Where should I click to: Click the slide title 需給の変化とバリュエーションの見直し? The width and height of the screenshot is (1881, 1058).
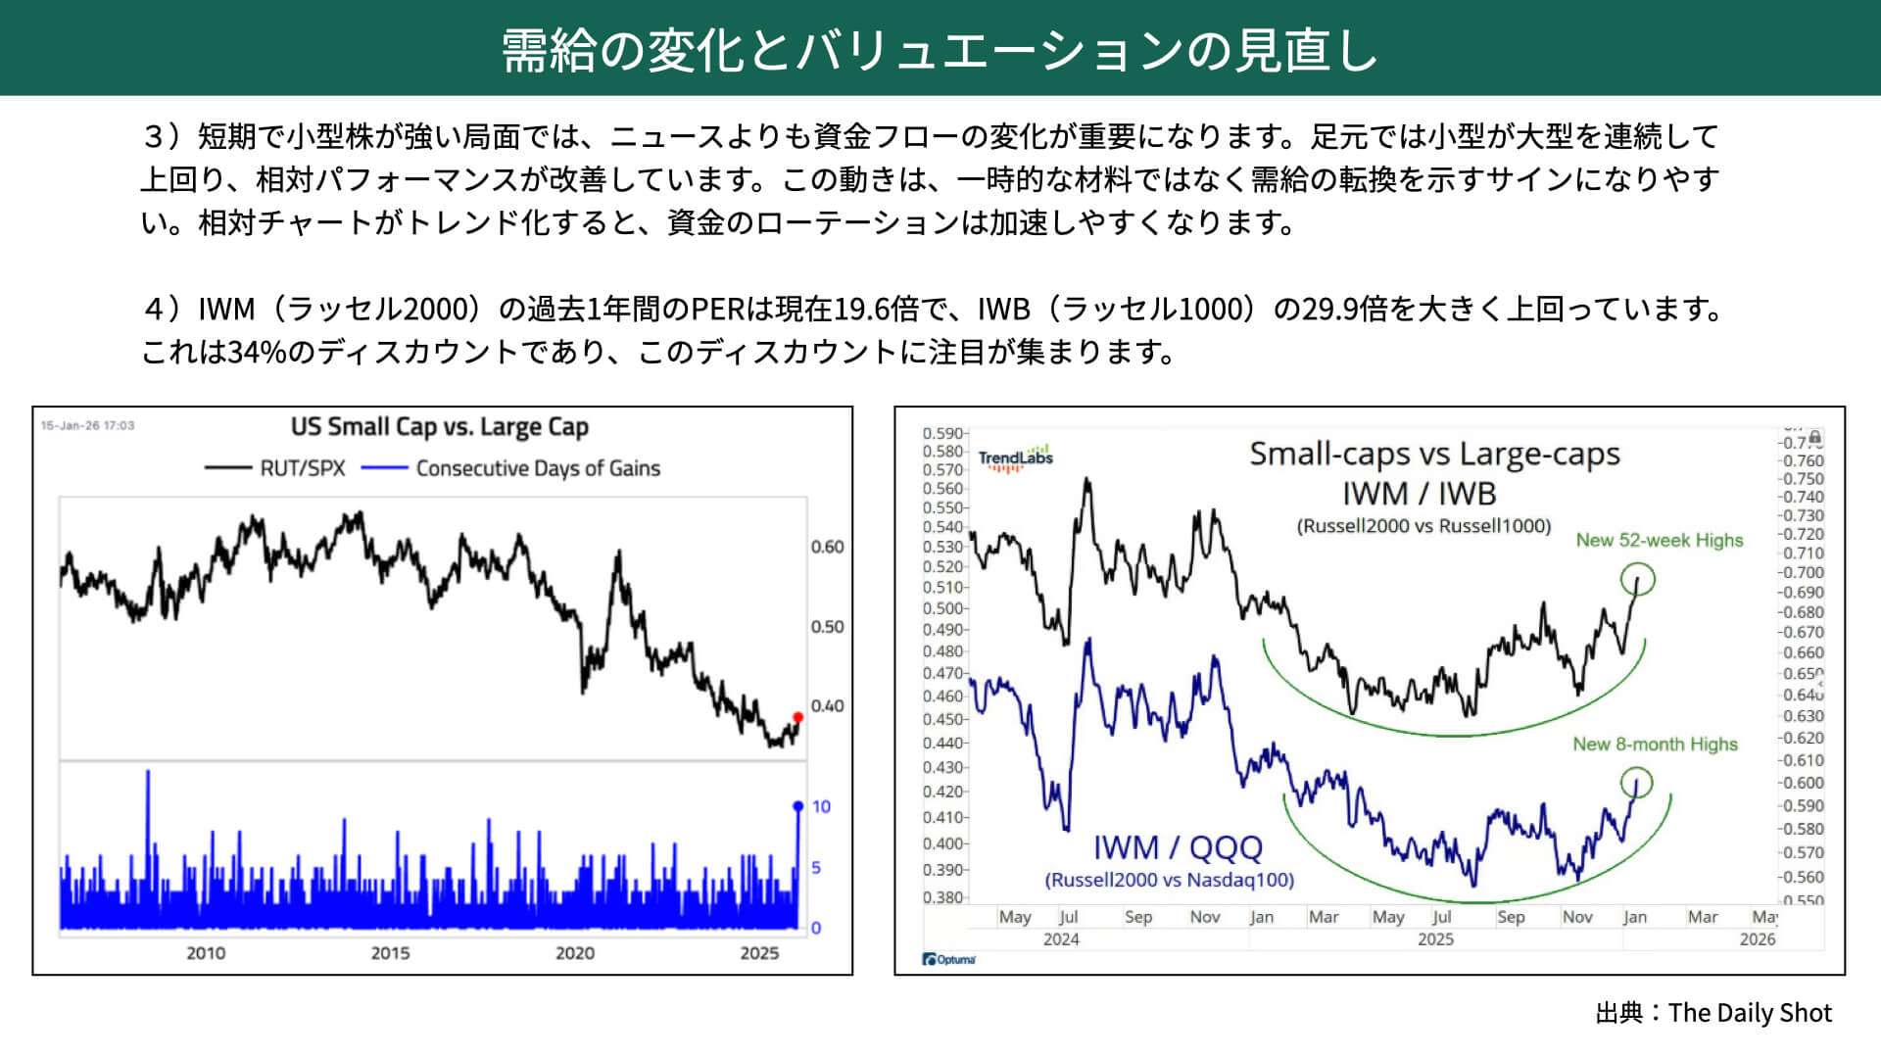940,49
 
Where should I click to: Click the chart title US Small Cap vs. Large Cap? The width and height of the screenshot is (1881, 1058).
440,427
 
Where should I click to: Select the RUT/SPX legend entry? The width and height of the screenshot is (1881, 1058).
275,468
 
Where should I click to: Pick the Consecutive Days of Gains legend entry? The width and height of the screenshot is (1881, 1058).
510,468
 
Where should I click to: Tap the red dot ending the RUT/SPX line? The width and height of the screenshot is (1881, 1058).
797,717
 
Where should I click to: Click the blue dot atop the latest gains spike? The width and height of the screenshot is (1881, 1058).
797,806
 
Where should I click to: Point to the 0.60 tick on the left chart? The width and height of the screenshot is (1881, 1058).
827,547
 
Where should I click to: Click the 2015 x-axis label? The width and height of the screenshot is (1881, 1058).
390,953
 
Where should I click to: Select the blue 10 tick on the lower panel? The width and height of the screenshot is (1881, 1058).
821,806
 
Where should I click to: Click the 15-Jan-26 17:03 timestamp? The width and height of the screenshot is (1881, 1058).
87,425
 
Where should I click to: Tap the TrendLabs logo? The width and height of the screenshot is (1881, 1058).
1016,457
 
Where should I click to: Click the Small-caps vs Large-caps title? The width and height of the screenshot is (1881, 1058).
1434,454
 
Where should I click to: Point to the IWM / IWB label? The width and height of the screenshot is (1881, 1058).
1420,493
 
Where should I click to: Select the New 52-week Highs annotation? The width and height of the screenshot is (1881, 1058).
1660,540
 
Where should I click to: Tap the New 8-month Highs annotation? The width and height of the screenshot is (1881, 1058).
1655,745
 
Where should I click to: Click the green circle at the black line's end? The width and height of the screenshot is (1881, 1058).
1637,579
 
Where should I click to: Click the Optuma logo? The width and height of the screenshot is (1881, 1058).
948,959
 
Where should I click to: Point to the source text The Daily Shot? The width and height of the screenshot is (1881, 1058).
1749,1013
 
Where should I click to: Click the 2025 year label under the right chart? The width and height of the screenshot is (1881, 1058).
1435,939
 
